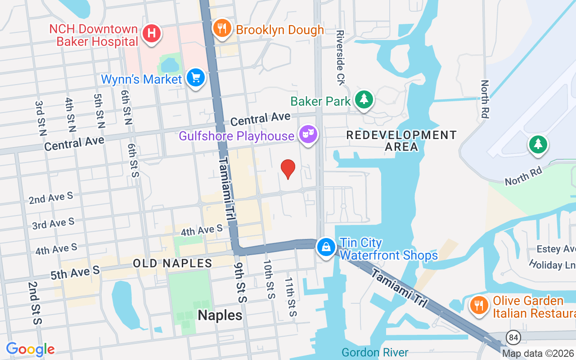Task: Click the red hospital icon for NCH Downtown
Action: point(152,33)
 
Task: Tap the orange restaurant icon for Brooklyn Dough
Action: point(221,28)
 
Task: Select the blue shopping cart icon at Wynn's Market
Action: point(195,78)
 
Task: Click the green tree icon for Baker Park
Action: point(364,99)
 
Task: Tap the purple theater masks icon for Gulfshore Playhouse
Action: point(308,134)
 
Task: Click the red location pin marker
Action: point(288,169)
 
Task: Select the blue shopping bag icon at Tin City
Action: point(326,247)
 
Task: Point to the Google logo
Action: point(31,349)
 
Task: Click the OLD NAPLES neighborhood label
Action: point(172,263)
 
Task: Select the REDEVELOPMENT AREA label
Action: point(401,140)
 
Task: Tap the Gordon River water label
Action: point(374,352)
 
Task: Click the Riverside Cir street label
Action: point(340,58)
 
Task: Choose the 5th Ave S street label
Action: point(75,272)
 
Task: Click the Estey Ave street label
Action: point(556,249)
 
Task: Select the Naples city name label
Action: point(220,315)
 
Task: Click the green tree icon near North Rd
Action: point(538,144)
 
